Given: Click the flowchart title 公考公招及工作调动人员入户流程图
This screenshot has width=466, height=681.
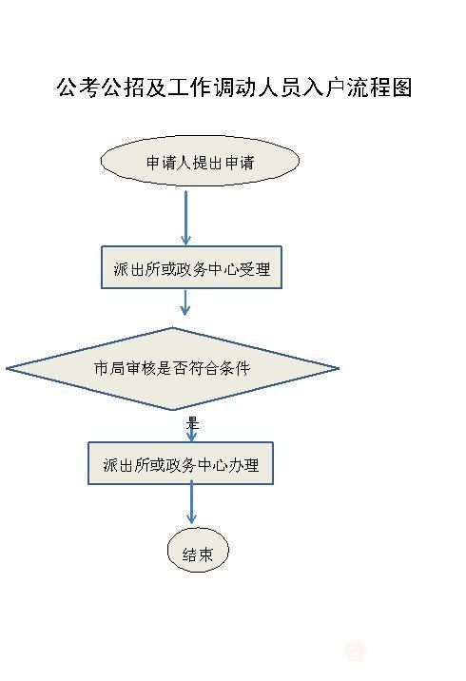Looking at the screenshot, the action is (x=234, y=88).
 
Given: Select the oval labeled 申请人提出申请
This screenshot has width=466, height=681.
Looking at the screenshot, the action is (x=200, y=161).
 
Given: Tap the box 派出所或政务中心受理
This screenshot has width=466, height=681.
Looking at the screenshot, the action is (x=191, y=267).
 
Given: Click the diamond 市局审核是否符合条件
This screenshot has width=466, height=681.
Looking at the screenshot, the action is (x=172, y=369).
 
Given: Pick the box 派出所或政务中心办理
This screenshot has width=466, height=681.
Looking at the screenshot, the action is (x=181, y=463).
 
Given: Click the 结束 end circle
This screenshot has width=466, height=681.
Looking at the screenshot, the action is (x=198, y=551).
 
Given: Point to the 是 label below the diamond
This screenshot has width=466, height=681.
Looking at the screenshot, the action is (x=192, y=422).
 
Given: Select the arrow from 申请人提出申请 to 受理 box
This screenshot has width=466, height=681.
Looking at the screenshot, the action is (x=185, y=218).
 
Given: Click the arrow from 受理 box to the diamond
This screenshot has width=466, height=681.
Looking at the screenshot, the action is (x=185, y=302).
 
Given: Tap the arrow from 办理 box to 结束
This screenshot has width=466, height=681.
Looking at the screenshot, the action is (x=191, y=504).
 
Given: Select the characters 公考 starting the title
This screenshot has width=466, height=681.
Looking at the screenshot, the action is (x=78, y=88).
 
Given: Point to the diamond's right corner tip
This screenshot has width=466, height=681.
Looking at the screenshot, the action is (x=340, y=369).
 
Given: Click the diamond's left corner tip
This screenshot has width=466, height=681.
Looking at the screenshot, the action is (x=6, y=369).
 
